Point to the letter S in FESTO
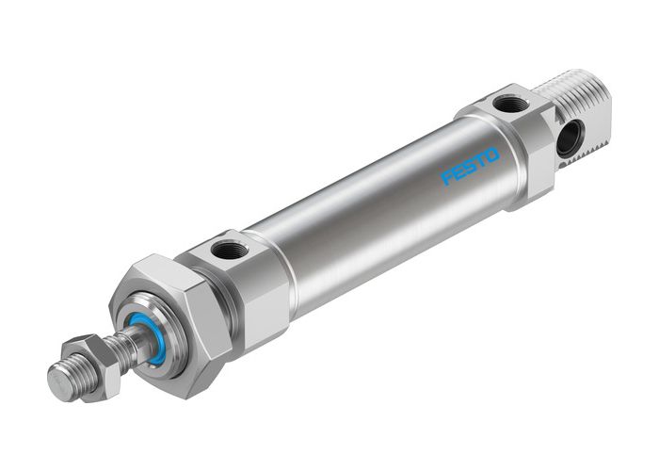click(472, 165)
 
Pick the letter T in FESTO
click(484, 158)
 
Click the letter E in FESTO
click(459, 171)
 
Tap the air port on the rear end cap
click(511, 103)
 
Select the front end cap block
click(235, 278)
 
